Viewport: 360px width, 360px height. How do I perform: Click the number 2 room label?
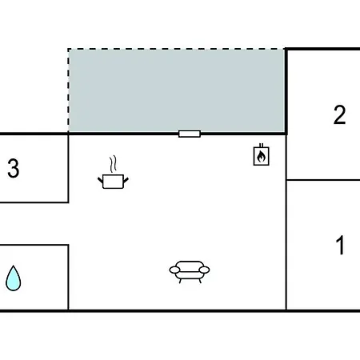339,115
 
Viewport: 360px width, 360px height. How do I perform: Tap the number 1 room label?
340,245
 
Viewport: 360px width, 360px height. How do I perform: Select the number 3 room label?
14,168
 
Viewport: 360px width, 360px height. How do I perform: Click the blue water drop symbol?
14,278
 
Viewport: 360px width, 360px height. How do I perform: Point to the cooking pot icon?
113,182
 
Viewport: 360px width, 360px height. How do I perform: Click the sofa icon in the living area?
190,272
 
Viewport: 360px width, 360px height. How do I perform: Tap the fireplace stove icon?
261,154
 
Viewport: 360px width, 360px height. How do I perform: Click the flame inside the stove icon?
261,157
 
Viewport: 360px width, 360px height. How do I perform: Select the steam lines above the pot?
113,164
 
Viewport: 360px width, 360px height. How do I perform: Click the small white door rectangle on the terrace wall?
190,134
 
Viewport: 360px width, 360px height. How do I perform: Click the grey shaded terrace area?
176,90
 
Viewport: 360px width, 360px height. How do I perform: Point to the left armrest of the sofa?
174,270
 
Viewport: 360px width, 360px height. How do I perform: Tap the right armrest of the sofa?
204,270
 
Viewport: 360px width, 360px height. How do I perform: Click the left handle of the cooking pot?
100,180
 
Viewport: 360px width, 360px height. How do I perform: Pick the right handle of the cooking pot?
126,180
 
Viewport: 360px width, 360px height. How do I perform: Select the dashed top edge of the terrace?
176,49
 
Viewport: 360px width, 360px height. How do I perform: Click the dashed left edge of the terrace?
69,90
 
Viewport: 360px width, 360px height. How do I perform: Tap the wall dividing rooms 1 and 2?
323,180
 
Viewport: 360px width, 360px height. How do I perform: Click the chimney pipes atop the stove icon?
261,146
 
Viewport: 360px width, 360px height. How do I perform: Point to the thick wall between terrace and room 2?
286,90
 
